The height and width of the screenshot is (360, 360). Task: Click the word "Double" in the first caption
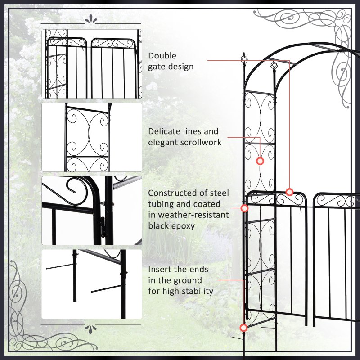[162, 56]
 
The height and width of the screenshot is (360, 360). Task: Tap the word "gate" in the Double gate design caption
[157, 67]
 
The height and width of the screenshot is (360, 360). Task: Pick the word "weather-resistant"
[189, 215]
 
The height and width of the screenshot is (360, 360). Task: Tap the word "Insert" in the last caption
[160, 270]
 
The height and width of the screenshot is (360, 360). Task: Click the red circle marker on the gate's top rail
[290, 192]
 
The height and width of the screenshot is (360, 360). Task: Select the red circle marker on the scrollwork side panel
[260, 161]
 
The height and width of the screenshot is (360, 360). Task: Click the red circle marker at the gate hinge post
[245, 208]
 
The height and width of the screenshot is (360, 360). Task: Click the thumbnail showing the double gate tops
[92, 63]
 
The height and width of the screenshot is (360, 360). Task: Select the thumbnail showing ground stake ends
[92, 284]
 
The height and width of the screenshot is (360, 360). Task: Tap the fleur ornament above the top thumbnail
[91, 19]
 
